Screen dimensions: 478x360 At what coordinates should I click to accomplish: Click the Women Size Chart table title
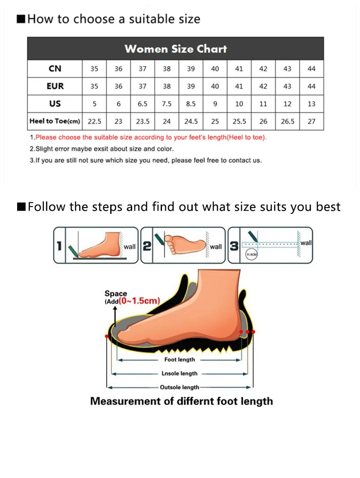[176, 49]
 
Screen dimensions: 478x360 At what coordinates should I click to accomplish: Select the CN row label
[55, 68]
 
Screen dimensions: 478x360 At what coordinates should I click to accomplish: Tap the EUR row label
[55, 86]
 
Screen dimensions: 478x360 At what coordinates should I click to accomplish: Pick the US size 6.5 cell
[143, 104]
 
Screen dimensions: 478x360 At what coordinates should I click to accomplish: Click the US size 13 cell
[311, 104]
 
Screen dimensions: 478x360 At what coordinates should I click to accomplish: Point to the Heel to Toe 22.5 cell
[94, 122]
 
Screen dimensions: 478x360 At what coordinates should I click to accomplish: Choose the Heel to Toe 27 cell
[311, 122]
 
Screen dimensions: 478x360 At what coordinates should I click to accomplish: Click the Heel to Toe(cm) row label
[55, 121]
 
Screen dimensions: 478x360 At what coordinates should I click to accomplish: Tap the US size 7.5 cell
[167, 104]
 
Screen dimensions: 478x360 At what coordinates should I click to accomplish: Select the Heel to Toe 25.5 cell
[239, 122]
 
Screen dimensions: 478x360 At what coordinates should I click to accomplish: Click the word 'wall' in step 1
[130, 247]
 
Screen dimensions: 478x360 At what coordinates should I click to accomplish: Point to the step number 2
[147, 246]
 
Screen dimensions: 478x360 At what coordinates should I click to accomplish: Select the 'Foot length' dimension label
[180, 359]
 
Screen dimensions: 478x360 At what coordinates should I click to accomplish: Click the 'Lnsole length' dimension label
[180, 374]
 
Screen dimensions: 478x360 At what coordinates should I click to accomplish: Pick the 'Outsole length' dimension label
[179, 388]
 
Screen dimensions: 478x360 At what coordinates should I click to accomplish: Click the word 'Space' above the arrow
[115, 293]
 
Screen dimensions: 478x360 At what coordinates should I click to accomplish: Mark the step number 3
[234, 246]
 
